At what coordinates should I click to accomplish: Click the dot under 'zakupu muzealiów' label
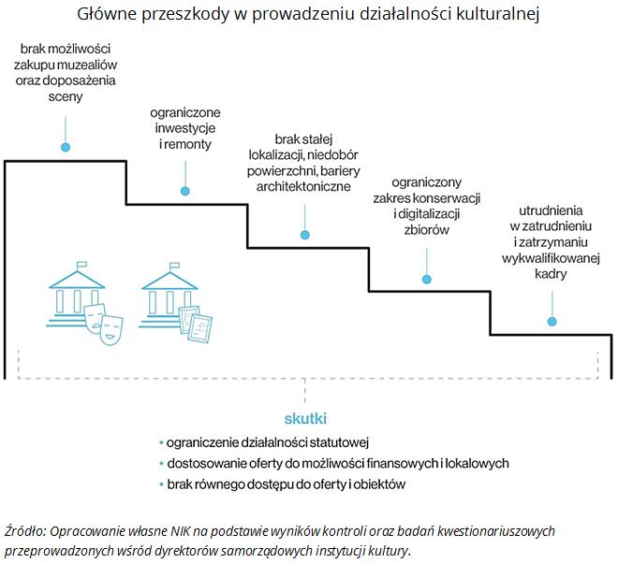pyautogui.click(x=65, y=147)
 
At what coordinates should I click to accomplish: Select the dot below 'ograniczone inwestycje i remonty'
pyautogui.click(x=184, y=191)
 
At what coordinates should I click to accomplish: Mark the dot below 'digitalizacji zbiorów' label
pyautogui.click(x=427, y=279)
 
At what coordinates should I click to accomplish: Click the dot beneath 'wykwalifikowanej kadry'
pyautogui.click(x=552, y=321)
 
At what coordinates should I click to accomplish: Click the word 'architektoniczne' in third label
pyautogui.click(x=303, y=187)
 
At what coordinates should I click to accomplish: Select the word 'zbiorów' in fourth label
pyautogui.click(x=428, y=230)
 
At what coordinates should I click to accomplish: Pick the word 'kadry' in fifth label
pyautogui.click(x=551, y=273)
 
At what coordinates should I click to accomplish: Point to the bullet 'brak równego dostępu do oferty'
pyautogui.click(x=287, y=484)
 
